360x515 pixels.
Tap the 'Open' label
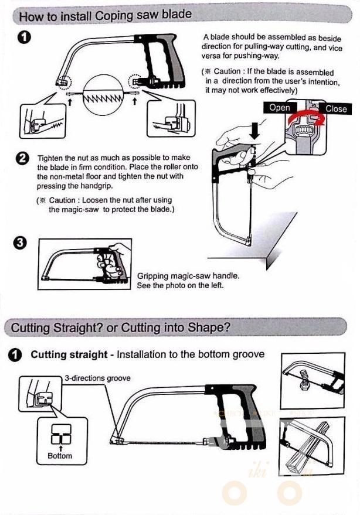(x=279, y=108)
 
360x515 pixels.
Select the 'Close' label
(x=336, y=108)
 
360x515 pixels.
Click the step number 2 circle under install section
(x=22, y=159)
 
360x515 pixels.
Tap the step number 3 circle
(x=22, y=244)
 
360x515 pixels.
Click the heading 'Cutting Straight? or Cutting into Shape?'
(x=121, y=327)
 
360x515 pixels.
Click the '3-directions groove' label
(x=97, y=378)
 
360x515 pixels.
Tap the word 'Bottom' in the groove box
(x=60, y=455)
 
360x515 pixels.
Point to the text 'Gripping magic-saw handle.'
(x=188, y=276)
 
